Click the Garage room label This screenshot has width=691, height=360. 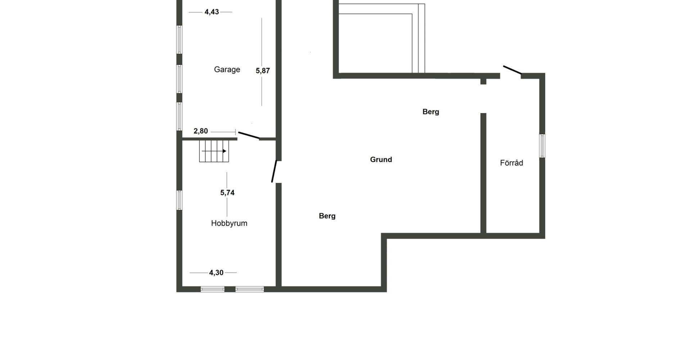[x=227, y=69]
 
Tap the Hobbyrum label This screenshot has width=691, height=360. [x=229, y=223]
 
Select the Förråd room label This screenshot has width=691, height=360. [x=511, y=163]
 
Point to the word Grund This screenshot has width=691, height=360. [x=381, y=159]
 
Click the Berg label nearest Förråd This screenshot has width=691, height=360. [x=430, y=112]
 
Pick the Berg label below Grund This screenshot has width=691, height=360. [x=327, y=216]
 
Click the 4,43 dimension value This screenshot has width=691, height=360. [x=212, y=12]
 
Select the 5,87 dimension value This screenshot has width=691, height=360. [x=263, y=71]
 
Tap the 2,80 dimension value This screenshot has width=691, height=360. [x=201, y=131]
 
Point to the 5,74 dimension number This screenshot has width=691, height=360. [x=227, y=193]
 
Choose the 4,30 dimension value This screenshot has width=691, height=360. [x=216, y=273]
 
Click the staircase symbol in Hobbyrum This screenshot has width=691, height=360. [x=214, y=151]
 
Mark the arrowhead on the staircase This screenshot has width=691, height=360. [x=224, y=151]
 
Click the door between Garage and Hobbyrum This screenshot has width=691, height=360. [x=249, y=135]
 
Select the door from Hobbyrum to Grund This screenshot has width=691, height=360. [x=274, y=171]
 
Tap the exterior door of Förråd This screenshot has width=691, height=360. [x=512, y=70]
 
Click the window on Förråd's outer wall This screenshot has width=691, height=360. [x=542, y=146]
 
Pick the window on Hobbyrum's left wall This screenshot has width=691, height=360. [x=179, y=200]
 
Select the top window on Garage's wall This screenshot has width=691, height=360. [x=179, y=40]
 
